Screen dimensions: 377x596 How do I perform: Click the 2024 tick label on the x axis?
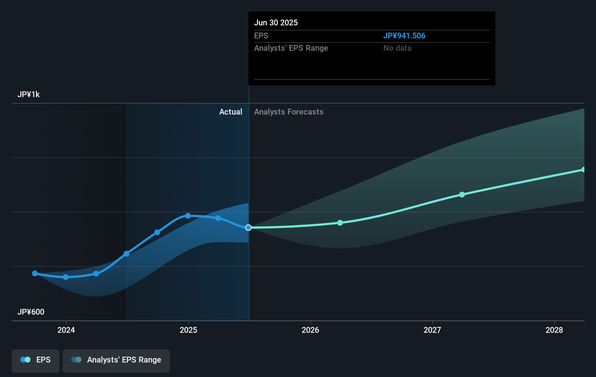pos(66,330)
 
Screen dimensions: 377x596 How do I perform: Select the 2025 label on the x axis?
pos(188,330)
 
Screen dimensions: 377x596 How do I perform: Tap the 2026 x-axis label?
pos(310,330)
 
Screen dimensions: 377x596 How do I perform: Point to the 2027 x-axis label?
pos(432,330)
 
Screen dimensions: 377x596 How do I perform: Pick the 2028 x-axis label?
pos(554,330)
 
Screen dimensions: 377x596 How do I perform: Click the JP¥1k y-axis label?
pos(29,95)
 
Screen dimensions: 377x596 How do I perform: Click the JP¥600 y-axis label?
pos(31,312)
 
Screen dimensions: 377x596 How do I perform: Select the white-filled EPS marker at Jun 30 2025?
pos(248,228)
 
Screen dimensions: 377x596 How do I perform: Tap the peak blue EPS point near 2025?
pos(188,216)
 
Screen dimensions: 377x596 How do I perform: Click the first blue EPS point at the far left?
pos(35,273)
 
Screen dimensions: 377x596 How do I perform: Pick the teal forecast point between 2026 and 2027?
pos(340,223)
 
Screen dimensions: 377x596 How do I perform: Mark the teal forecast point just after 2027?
pos(462,195)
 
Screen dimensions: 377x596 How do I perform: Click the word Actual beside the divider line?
pos(230,112)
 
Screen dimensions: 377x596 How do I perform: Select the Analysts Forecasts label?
pos(289,112)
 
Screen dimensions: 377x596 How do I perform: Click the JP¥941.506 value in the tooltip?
pos(404,36)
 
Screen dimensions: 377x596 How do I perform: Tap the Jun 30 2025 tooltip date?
pos(276,23)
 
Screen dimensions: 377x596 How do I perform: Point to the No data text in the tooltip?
pos(397,48)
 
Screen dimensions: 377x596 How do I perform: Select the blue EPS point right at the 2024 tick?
pos(66,277)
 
